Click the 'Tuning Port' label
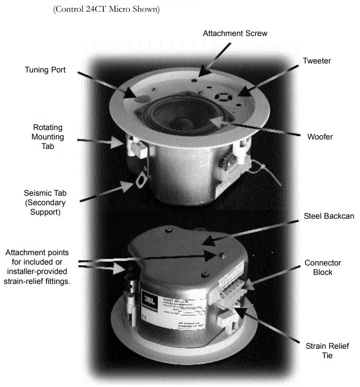[x=45, y=70]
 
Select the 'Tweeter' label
[x=316, y=61]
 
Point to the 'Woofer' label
[x=320, y=136]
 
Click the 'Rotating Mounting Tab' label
[x=48, y=137]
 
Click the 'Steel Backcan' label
[x=328, y=216]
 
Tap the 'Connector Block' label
[x=323, y=267]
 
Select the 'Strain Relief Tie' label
[x=327, y=351]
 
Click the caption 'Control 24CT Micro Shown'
[x=107, y=9]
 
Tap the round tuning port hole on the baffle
[x=140, y=98]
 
